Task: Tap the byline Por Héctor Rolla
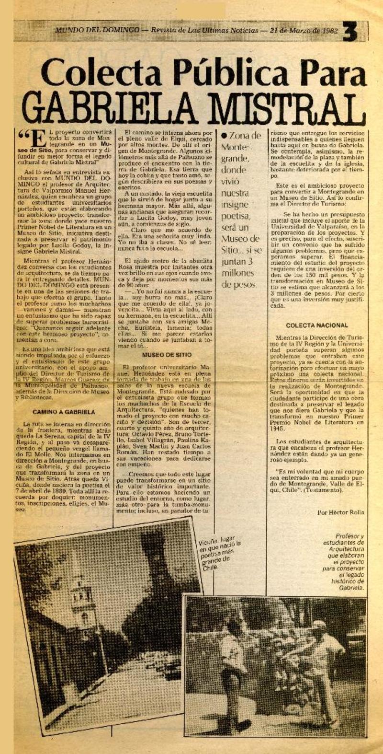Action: (340, 512)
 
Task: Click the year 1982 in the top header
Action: (327, 30)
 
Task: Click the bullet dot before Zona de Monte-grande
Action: (224, 136)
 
